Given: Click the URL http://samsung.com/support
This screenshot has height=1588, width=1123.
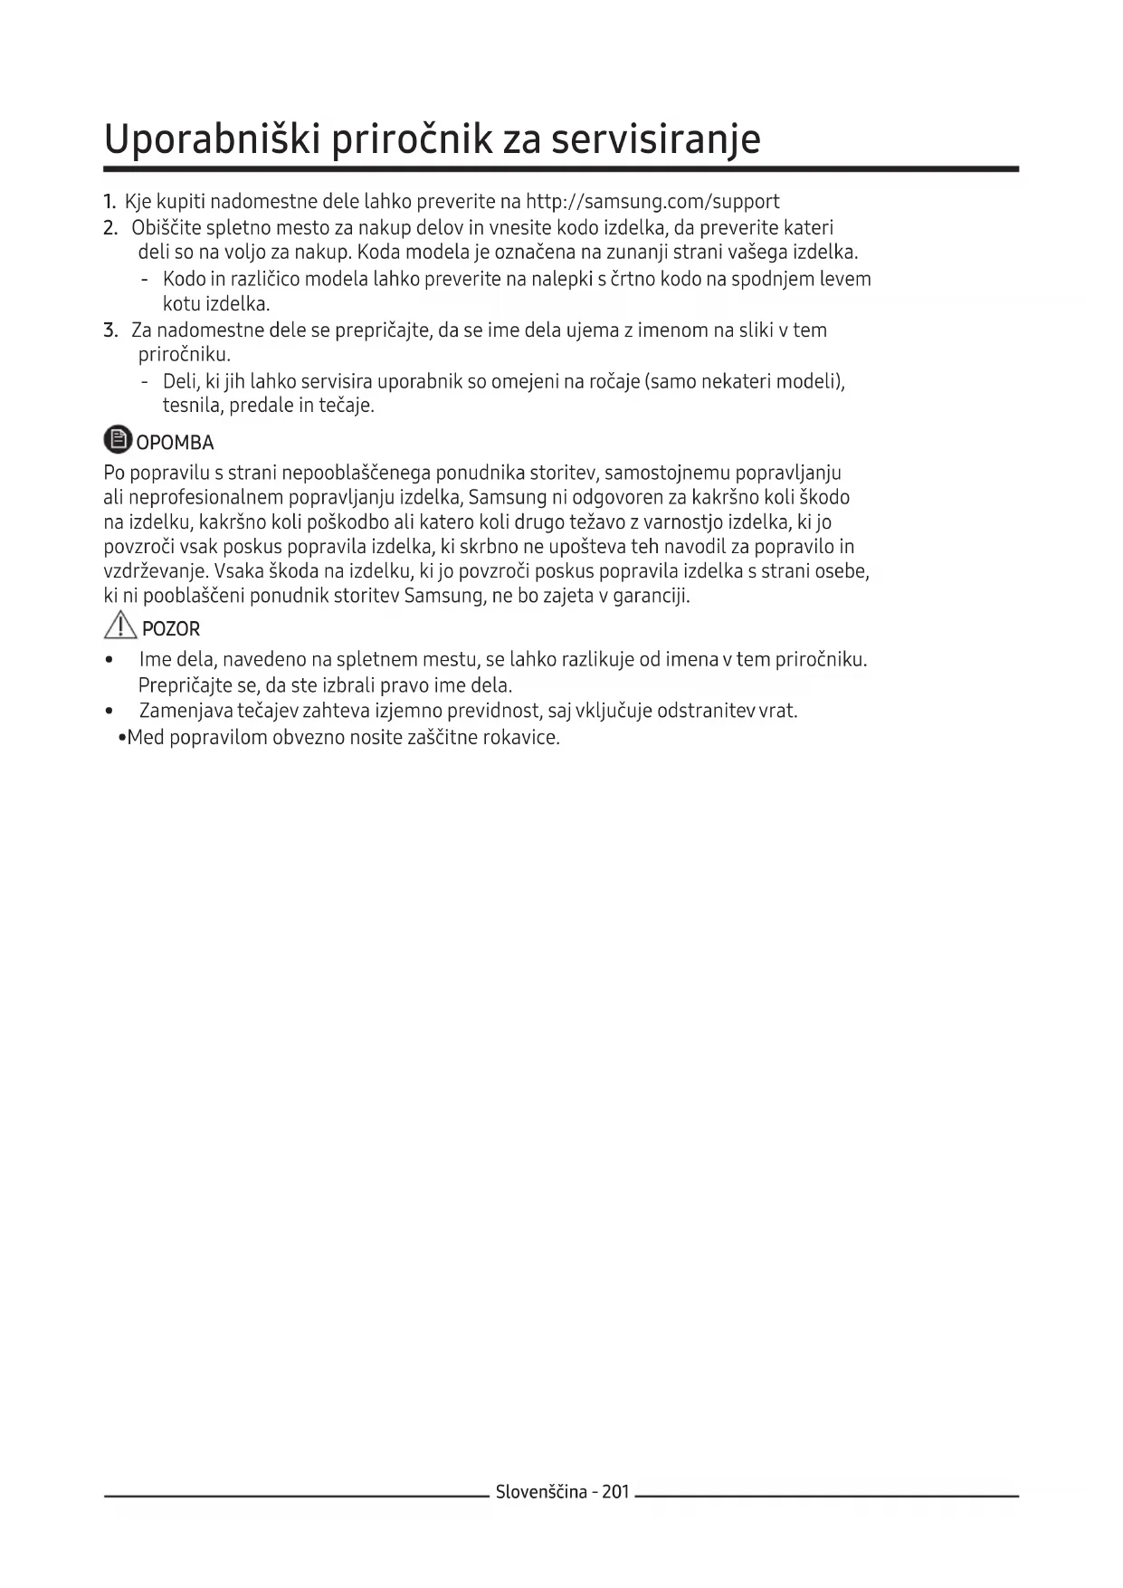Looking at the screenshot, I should point(652,201).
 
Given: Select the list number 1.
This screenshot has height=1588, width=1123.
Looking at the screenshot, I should point(109,201).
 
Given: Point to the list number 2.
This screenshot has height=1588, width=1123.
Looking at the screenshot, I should point(110,227).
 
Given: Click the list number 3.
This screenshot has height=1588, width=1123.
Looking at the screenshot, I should point(110,330).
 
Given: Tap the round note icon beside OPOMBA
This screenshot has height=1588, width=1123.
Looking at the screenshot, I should point(118,440).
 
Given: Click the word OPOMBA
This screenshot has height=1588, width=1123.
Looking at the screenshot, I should point(175,443).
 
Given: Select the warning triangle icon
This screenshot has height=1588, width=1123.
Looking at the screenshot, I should point(120,625).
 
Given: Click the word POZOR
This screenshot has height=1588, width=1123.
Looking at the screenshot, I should point(171,628).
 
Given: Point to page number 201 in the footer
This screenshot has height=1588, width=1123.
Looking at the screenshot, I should point(614,1492).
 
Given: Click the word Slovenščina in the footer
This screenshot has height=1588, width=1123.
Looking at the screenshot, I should point(541,1492).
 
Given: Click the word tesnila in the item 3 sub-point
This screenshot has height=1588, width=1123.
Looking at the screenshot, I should point(192,406).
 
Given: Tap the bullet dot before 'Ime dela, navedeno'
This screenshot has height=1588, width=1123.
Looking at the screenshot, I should point(109,660).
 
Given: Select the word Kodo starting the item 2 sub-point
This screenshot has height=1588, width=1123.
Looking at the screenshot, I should point(184,279).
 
